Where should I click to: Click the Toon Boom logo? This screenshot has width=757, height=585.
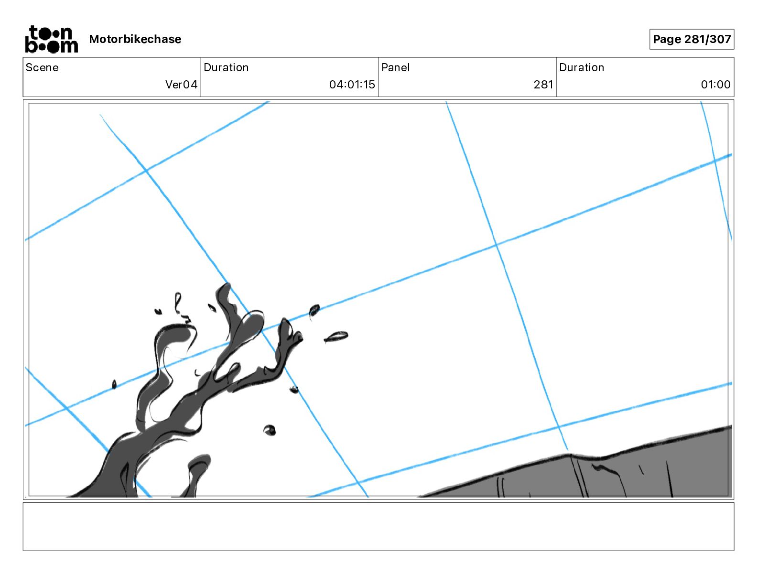[52, 39]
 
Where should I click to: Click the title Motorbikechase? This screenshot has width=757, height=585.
[135, 39]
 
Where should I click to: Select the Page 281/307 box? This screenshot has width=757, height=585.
[692, 39]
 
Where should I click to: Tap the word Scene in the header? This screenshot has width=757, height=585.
[42, 67]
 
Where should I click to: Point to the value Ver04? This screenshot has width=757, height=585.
[181, 84]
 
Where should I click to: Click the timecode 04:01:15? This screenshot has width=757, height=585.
[352, 84]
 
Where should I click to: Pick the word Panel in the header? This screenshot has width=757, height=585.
[395, 67]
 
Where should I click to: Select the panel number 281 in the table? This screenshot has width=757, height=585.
[543, 84]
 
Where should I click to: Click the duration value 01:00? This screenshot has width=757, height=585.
[715, 84]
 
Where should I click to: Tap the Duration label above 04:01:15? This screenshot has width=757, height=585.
[226, 67]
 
